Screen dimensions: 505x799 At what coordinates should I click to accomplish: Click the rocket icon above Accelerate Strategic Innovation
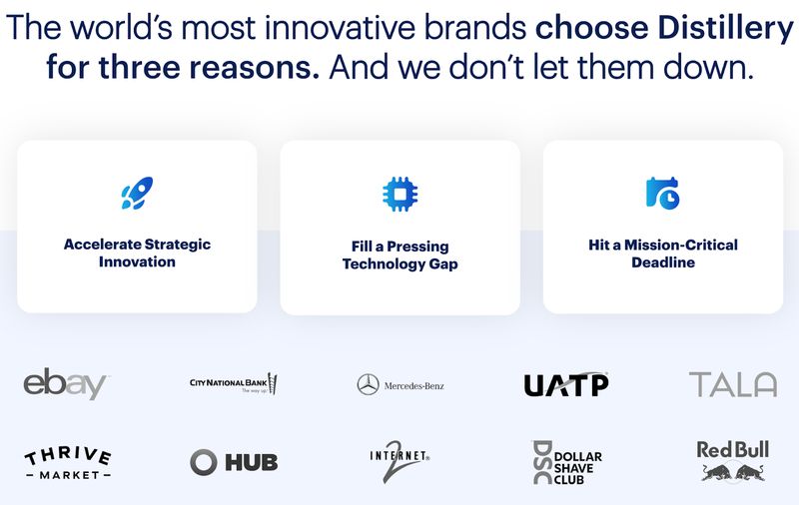click(x=137, y=193)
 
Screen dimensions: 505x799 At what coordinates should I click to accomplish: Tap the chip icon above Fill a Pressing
click(x=399, y=193)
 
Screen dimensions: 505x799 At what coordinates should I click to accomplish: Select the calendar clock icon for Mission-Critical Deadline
click(x=662, y=193)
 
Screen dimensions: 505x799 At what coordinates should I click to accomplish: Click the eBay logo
click(x=66, y=383)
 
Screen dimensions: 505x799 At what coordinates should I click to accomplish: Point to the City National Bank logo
click(x=233, y=383)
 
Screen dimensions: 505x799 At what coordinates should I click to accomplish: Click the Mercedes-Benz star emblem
click(x=368, y=384)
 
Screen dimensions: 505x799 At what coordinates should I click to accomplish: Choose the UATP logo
click(x=566, y=384)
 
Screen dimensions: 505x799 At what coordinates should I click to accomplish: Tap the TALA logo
click(x=732, y=384)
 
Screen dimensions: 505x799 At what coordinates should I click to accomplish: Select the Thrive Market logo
click(x=67, y=462)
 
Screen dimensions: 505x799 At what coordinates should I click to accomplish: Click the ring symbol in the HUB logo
click(x=204, y=461)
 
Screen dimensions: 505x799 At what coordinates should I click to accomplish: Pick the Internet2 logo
click(x=399, y=462)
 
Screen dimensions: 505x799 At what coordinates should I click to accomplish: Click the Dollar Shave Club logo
click(x=566, y=462)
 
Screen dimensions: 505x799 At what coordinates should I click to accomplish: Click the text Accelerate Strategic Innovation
click(x=137, y=252)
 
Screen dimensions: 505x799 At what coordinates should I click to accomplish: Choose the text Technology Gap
click(x=399, y=263)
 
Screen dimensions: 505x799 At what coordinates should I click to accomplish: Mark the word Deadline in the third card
click(x=662, y=262)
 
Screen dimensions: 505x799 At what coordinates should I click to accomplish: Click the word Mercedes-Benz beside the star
click(x=413, y=385)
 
